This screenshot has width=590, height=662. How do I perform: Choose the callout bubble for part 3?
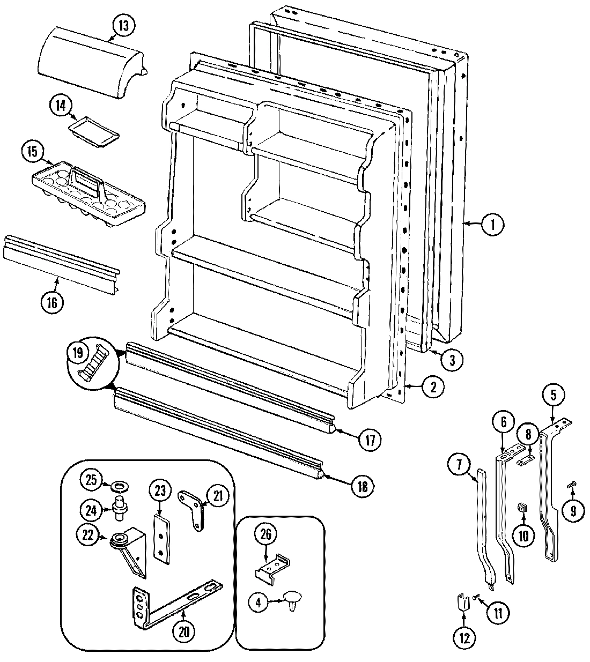click(x=452, y=360)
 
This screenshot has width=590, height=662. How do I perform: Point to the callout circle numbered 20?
click(x=184, y=631)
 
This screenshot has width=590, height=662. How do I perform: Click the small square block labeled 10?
click(x=521, y=507)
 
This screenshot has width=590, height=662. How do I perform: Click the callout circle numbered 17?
click(x=369, y=440)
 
